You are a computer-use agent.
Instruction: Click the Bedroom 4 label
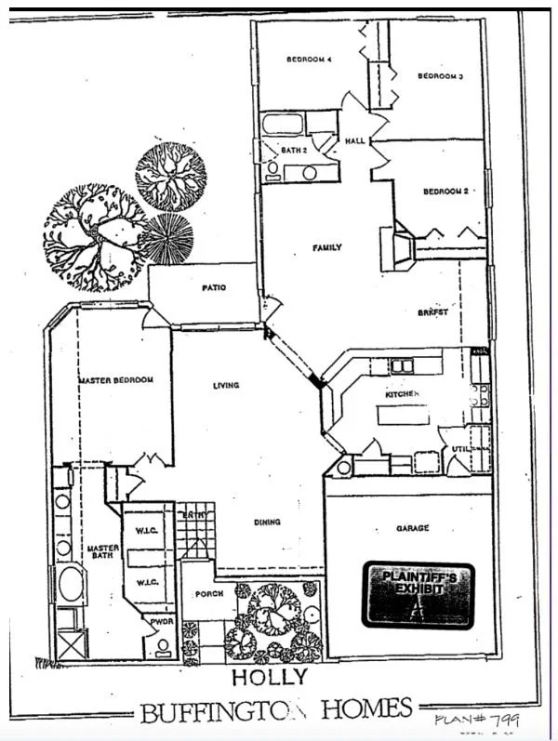coord(309,60)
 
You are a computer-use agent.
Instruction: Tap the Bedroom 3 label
coord(440,76)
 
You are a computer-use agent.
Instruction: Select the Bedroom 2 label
coord(445,192)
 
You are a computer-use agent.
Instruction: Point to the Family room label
coord(326,247)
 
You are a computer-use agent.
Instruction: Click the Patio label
coord(214,288)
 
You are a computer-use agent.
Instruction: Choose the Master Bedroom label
coord(115,380)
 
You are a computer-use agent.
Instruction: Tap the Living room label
coord(226,385)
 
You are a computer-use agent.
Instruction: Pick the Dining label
coord(267,523)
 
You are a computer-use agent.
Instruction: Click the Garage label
coord(412,528)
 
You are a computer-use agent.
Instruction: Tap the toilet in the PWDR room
coord(163,646)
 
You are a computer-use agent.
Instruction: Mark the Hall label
coord(356,141)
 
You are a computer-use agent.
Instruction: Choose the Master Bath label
coord(102,554)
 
